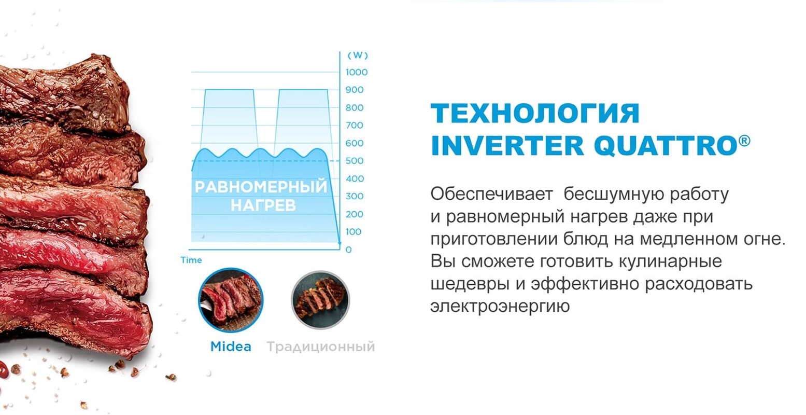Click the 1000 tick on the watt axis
(357, 72)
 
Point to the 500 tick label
(355, 161)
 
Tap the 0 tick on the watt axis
(348, 250)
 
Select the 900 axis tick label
(355, 90)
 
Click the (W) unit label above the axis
(357, 55)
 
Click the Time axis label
(191, 260)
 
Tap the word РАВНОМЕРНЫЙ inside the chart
(261, 187)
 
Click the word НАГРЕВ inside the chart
(263, 205)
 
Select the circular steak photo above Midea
(231, 300)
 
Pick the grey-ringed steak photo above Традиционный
(320, 300)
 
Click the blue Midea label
(231, 347)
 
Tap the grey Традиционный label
(320, 347)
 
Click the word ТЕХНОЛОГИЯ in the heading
(535, 113)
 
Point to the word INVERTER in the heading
(507, 146)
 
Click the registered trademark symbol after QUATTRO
(744, 140)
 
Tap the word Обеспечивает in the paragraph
(491, 195)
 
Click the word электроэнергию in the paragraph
(500, 306)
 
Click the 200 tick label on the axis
(355, 214)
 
